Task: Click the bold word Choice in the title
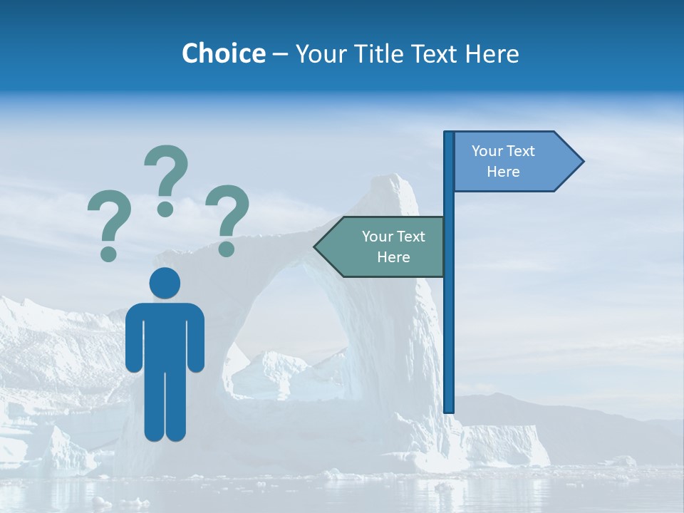(223, 53)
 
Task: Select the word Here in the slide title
(492, 53)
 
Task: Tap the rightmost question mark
(227, 218)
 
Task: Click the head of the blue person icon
(165, 283)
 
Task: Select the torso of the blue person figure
(165, 335)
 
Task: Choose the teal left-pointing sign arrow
(385, 247)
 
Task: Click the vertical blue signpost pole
(449, 321)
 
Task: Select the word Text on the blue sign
(521, 151)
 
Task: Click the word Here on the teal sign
(393, 257)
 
